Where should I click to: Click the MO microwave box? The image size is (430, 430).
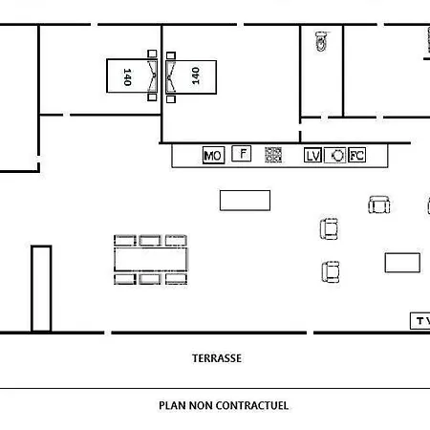point(213,156)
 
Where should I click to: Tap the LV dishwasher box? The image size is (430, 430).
point(312,156)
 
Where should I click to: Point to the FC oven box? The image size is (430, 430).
point(356,155)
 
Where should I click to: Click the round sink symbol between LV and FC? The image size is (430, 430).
point(335,156)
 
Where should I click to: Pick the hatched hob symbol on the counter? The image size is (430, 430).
point(273,155)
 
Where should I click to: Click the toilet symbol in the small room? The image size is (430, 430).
point(321,41)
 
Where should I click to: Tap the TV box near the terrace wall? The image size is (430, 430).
point(420,321)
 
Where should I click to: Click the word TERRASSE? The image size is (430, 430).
point(217,358)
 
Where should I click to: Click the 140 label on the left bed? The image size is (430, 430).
point(127,76)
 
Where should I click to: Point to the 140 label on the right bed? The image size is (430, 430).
point(196,75)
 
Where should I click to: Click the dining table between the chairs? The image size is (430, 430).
point(151,260)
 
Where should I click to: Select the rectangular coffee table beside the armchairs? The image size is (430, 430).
point(402,263)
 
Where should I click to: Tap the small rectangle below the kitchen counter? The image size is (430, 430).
point(245,201)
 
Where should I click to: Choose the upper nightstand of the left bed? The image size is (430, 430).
point(152,54)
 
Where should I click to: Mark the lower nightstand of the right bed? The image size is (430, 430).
point(171,99)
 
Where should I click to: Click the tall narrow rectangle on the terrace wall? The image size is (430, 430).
point(41,289)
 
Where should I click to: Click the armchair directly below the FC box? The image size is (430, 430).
point(379,204)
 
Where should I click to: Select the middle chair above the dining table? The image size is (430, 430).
point(150,241)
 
